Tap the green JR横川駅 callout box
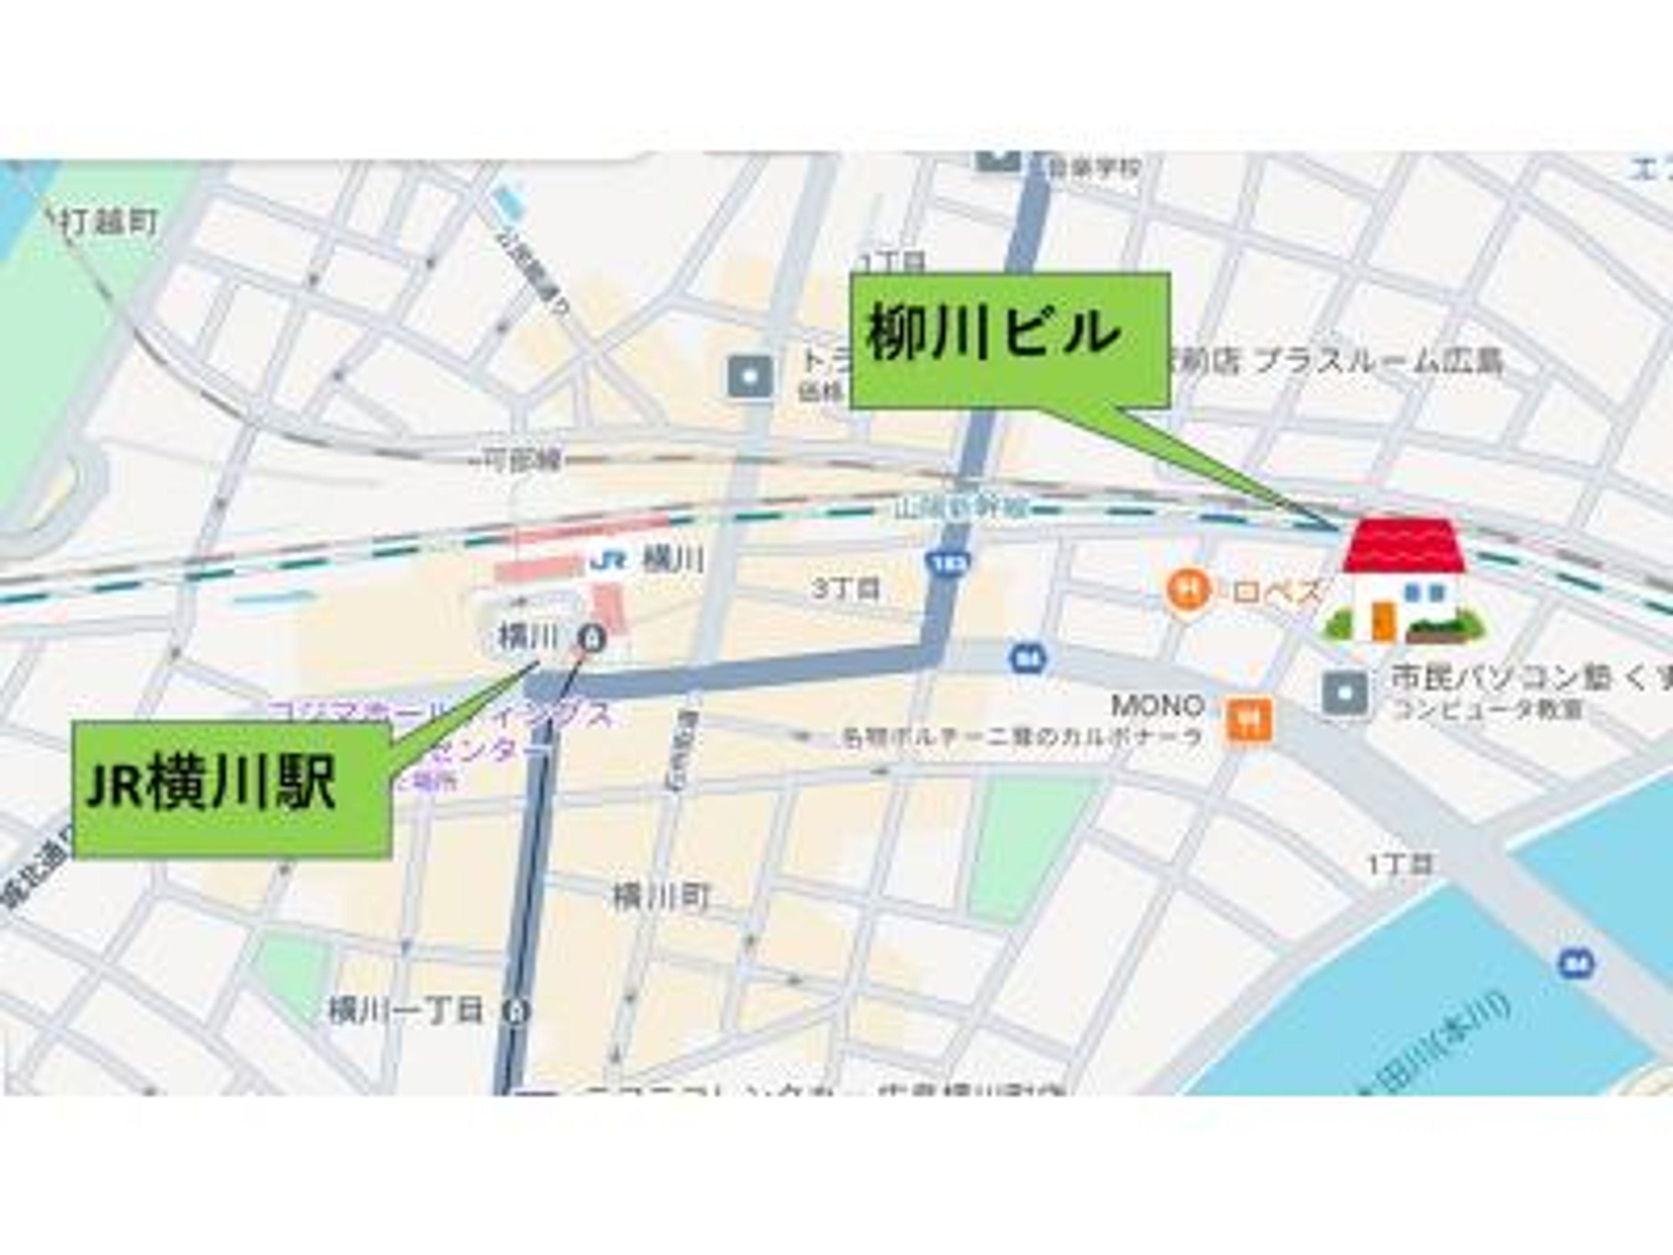[232, 789]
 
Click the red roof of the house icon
[1405, 546]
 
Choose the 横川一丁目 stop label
[405, 1011]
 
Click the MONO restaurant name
[1157, 706]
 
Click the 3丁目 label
[847, 589]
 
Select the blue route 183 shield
[948, 562]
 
